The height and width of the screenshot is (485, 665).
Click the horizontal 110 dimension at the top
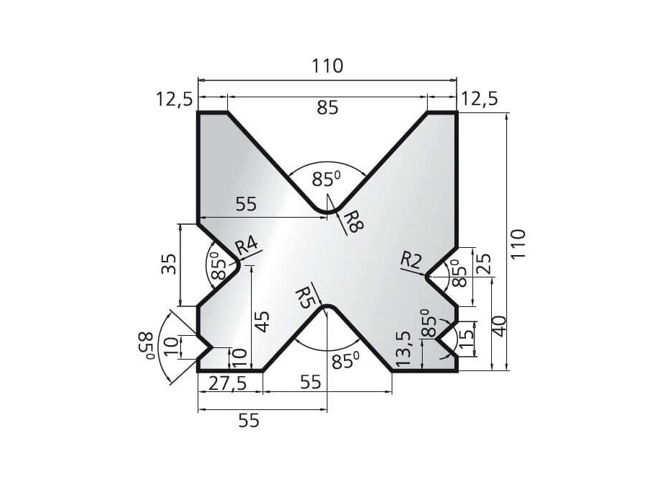click(327, 66)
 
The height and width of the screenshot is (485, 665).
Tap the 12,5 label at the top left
click(173, 99)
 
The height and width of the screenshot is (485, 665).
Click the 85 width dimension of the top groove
click(327, 109)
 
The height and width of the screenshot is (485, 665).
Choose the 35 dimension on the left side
click(166, 265)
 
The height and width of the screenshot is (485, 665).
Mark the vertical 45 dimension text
click(263, 321)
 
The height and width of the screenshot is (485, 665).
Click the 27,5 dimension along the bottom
click(227, 384)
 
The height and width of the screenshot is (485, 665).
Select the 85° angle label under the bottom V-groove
click(343, 360)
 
